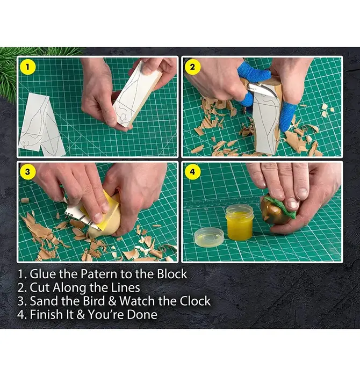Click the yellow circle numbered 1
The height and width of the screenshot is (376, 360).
(x=27, y=67)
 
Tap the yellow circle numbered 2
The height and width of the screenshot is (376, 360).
(x=192, y=67)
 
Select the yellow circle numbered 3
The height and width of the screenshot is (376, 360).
(x=27, y=172)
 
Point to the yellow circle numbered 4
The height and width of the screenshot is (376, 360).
(x=192, y=172)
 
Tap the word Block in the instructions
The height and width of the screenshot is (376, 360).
(x=172, y=274)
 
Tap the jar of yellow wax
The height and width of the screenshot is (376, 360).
(x=240, y=222)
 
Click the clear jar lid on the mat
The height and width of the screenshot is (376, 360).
(x=209, y=237)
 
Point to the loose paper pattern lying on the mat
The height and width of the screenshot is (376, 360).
(x=41, y=125)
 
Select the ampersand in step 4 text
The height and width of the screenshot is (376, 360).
(x=81, y=314)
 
